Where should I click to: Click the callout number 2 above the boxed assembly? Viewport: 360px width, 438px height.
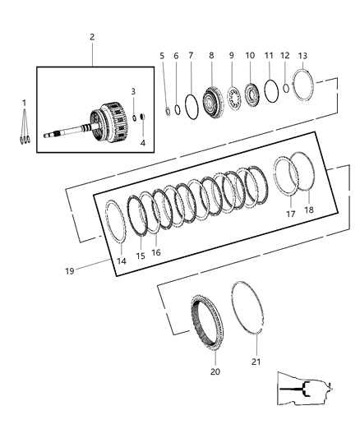(92, 37)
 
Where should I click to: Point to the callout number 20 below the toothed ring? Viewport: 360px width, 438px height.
(216, 371)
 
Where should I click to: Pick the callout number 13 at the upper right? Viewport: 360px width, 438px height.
(302, 55)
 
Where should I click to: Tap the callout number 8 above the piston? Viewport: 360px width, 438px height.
(211, 55)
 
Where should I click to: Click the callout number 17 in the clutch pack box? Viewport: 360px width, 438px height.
(289, 213)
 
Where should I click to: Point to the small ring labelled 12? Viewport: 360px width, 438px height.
(285, 87)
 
